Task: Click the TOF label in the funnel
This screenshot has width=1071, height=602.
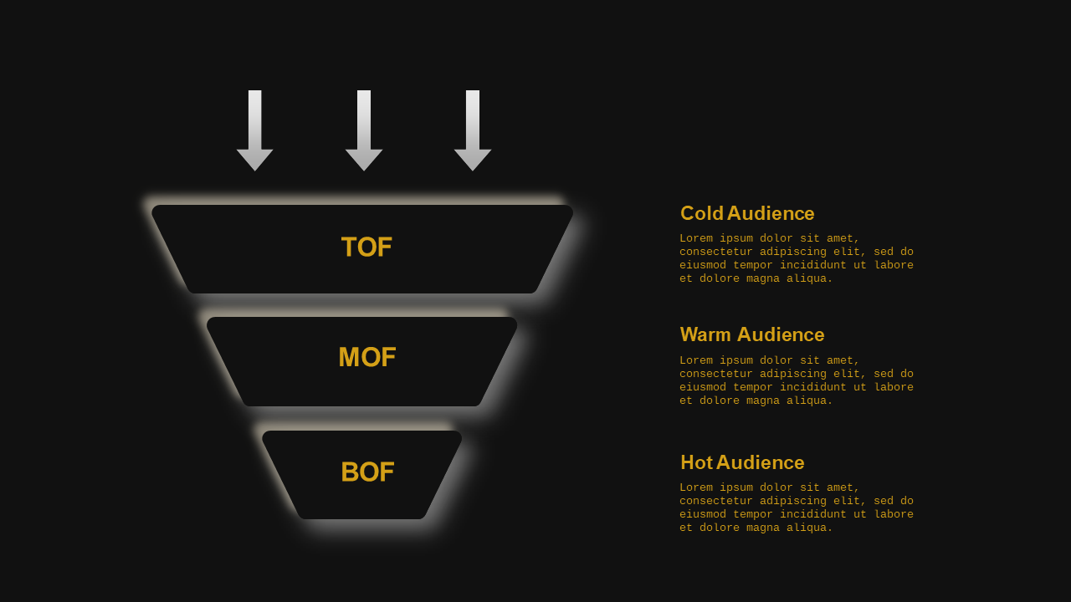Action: coord(366,247)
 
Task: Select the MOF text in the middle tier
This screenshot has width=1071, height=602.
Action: coord(367,357)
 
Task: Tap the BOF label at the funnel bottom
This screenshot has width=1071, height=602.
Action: coord(367,472)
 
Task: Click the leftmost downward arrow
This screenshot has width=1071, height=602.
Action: coord(255,130)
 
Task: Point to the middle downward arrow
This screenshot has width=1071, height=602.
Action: coord(364,130)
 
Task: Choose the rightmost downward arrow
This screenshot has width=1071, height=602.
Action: coord(473,130)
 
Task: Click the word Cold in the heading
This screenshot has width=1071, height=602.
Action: coord(702,213)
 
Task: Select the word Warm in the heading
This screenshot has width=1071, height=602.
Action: coord(705,334)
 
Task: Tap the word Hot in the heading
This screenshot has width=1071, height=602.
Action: coord(697,462)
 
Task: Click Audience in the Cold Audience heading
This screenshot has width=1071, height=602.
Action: coord(771,213)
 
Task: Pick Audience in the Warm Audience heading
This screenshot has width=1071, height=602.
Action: coord(781,334)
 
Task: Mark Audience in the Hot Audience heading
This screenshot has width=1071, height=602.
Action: coord(761,462)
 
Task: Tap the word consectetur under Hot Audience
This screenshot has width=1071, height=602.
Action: coord(716,501)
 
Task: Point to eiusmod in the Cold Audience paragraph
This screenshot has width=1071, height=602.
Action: coord(703,265)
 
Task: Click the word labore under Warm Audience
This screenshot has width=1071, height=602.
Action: coord(894,387)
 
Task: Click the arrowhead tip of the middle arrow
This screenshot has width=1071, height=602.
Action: coord(364,171)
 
